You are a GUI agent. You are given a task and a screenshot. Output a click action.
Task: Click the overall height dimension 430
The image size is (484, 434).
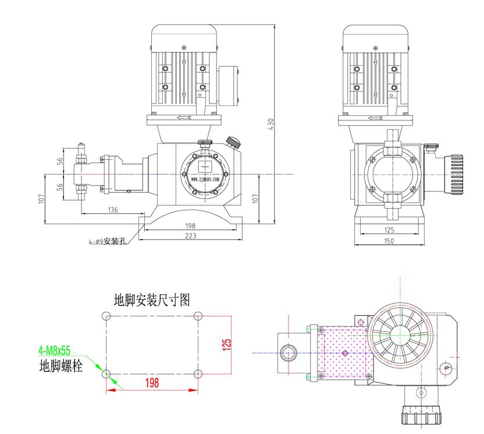pyautogui.click(x=271, y=123)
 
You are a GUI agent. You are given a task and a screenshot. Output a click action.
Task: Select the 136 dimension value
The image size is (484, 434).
pyautogui.click(x=112, y=209)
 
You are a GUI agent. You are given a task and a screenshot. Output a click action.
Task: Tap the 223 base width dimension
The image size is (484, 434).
pyautogui.click(x=190, y=236)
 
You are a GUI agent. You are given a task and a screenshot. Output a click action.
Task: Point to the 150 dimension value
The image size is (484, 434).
pyautogui.click(x=389, y=240)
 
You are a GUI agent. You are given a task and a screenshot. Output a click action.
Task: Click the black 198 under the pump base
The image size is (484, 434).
pyautogui.click(x=190, y=225)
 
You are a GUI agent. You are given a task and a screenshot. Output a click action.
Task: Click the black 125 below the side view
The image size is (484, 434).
pyautogui.click(x=389, y=230)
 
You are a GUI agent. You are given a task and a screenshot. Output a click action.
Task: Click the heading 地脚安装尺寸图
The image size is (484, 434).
pyautogui.click(x=152, y=300)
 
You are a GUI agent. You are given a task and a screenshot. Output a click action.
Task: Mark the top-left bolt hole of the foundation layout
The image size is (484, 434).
pyautogui.click(x=106, y=316)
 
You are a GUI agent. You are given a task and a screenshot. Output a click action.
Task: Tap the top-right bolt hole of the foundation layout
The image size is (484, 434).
pyautogui.click(x=198, y=316)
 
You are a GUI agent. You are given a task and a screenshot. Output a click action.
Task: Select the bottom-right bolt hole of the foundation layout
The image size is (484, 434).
pyautogui.click(x=198, y=373)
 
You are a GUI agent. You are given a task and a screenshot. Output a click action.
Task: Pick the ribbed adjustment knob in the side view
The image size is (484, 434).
pyautogui.click(x=455, y=175)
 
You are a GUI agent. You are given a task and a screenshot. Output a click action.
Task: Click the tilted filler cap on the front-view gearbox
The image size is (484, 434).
pyautogui.click(x=234, y=141)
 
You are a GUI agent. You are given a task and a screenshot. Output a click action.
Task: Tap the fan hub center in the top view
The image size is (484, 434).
pyautogui.click(x=401, y=333)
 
